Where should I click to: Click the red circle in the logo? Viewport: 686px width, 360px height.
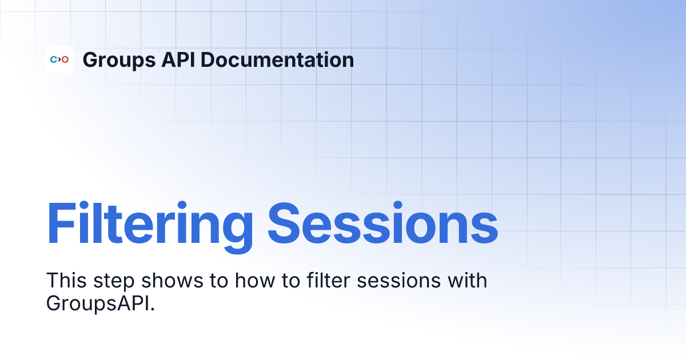pos(65,59)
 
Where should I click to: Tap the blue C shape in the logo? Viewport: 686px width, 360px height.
pos(53,59)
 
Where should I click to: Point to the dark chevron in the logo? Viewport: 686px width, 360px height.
pos(59,59)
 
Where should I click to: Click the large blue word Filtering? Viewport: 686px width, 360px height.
pos(149,223)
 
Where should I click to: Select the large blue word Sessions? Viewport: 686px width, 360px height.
pos(382,223)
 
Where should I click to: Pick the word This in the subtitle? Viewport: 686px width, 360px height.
pos(63,281)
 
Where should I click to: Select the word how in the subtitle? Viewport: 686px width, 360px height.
pos(242,281)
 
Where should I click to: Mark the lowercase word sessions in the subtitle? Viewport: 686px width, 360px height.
pos(371,282)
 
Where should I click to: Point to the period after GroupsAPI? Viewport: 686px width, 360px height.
pos(153,309)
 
